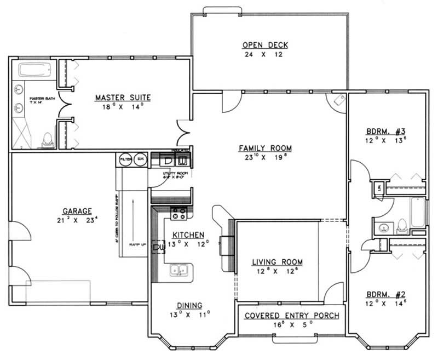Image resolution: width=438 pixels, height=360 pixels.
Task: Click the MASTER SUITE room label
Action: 123,98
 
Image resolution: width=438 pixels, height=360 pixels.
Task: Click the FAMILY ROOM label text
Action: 265,148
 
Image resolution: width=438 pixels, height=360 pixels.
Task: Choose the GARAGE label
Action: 77,210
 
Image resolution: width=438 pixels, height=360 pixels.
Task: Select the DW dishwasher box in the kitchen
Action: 159,248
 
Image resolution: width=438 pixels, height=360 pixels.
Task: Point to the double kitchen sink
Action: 180,270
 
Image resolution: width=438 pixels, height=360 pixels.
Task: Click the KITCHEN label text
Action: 189,234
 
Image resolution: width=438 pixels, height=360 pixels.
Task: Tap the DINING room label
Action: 189,305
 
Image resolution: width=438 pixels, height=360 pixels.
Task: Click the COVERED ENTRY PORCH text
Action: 291,316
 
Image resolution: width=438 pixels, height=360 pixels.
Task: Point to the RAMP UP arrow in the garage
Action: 134,219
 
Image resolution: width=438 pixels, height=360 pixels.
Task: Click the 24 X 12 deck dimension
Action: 265,55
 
